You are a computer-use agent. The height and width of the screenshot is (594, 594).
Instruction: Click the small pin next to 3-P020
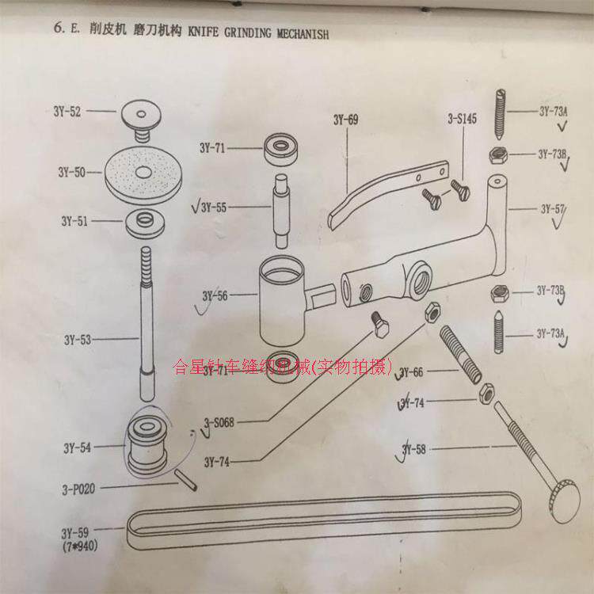185,480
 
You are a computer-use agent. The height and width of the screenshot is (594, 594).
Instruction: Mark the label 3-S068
219,423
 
